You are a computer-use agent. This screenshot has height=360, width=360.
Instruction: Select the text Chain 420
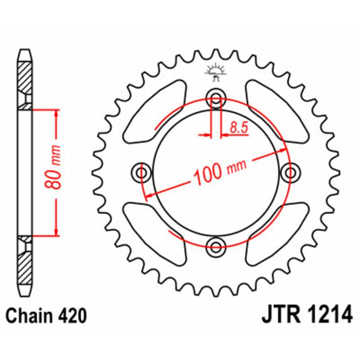45,316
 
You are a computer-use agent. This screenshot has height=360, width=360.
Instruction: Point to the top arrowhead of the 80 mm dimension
56,113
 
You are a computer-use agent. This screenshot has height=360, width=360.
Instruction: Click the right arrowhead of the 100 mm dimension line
282,150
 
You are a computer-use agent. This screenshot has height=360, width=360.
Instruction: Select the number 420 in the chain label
72,316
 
